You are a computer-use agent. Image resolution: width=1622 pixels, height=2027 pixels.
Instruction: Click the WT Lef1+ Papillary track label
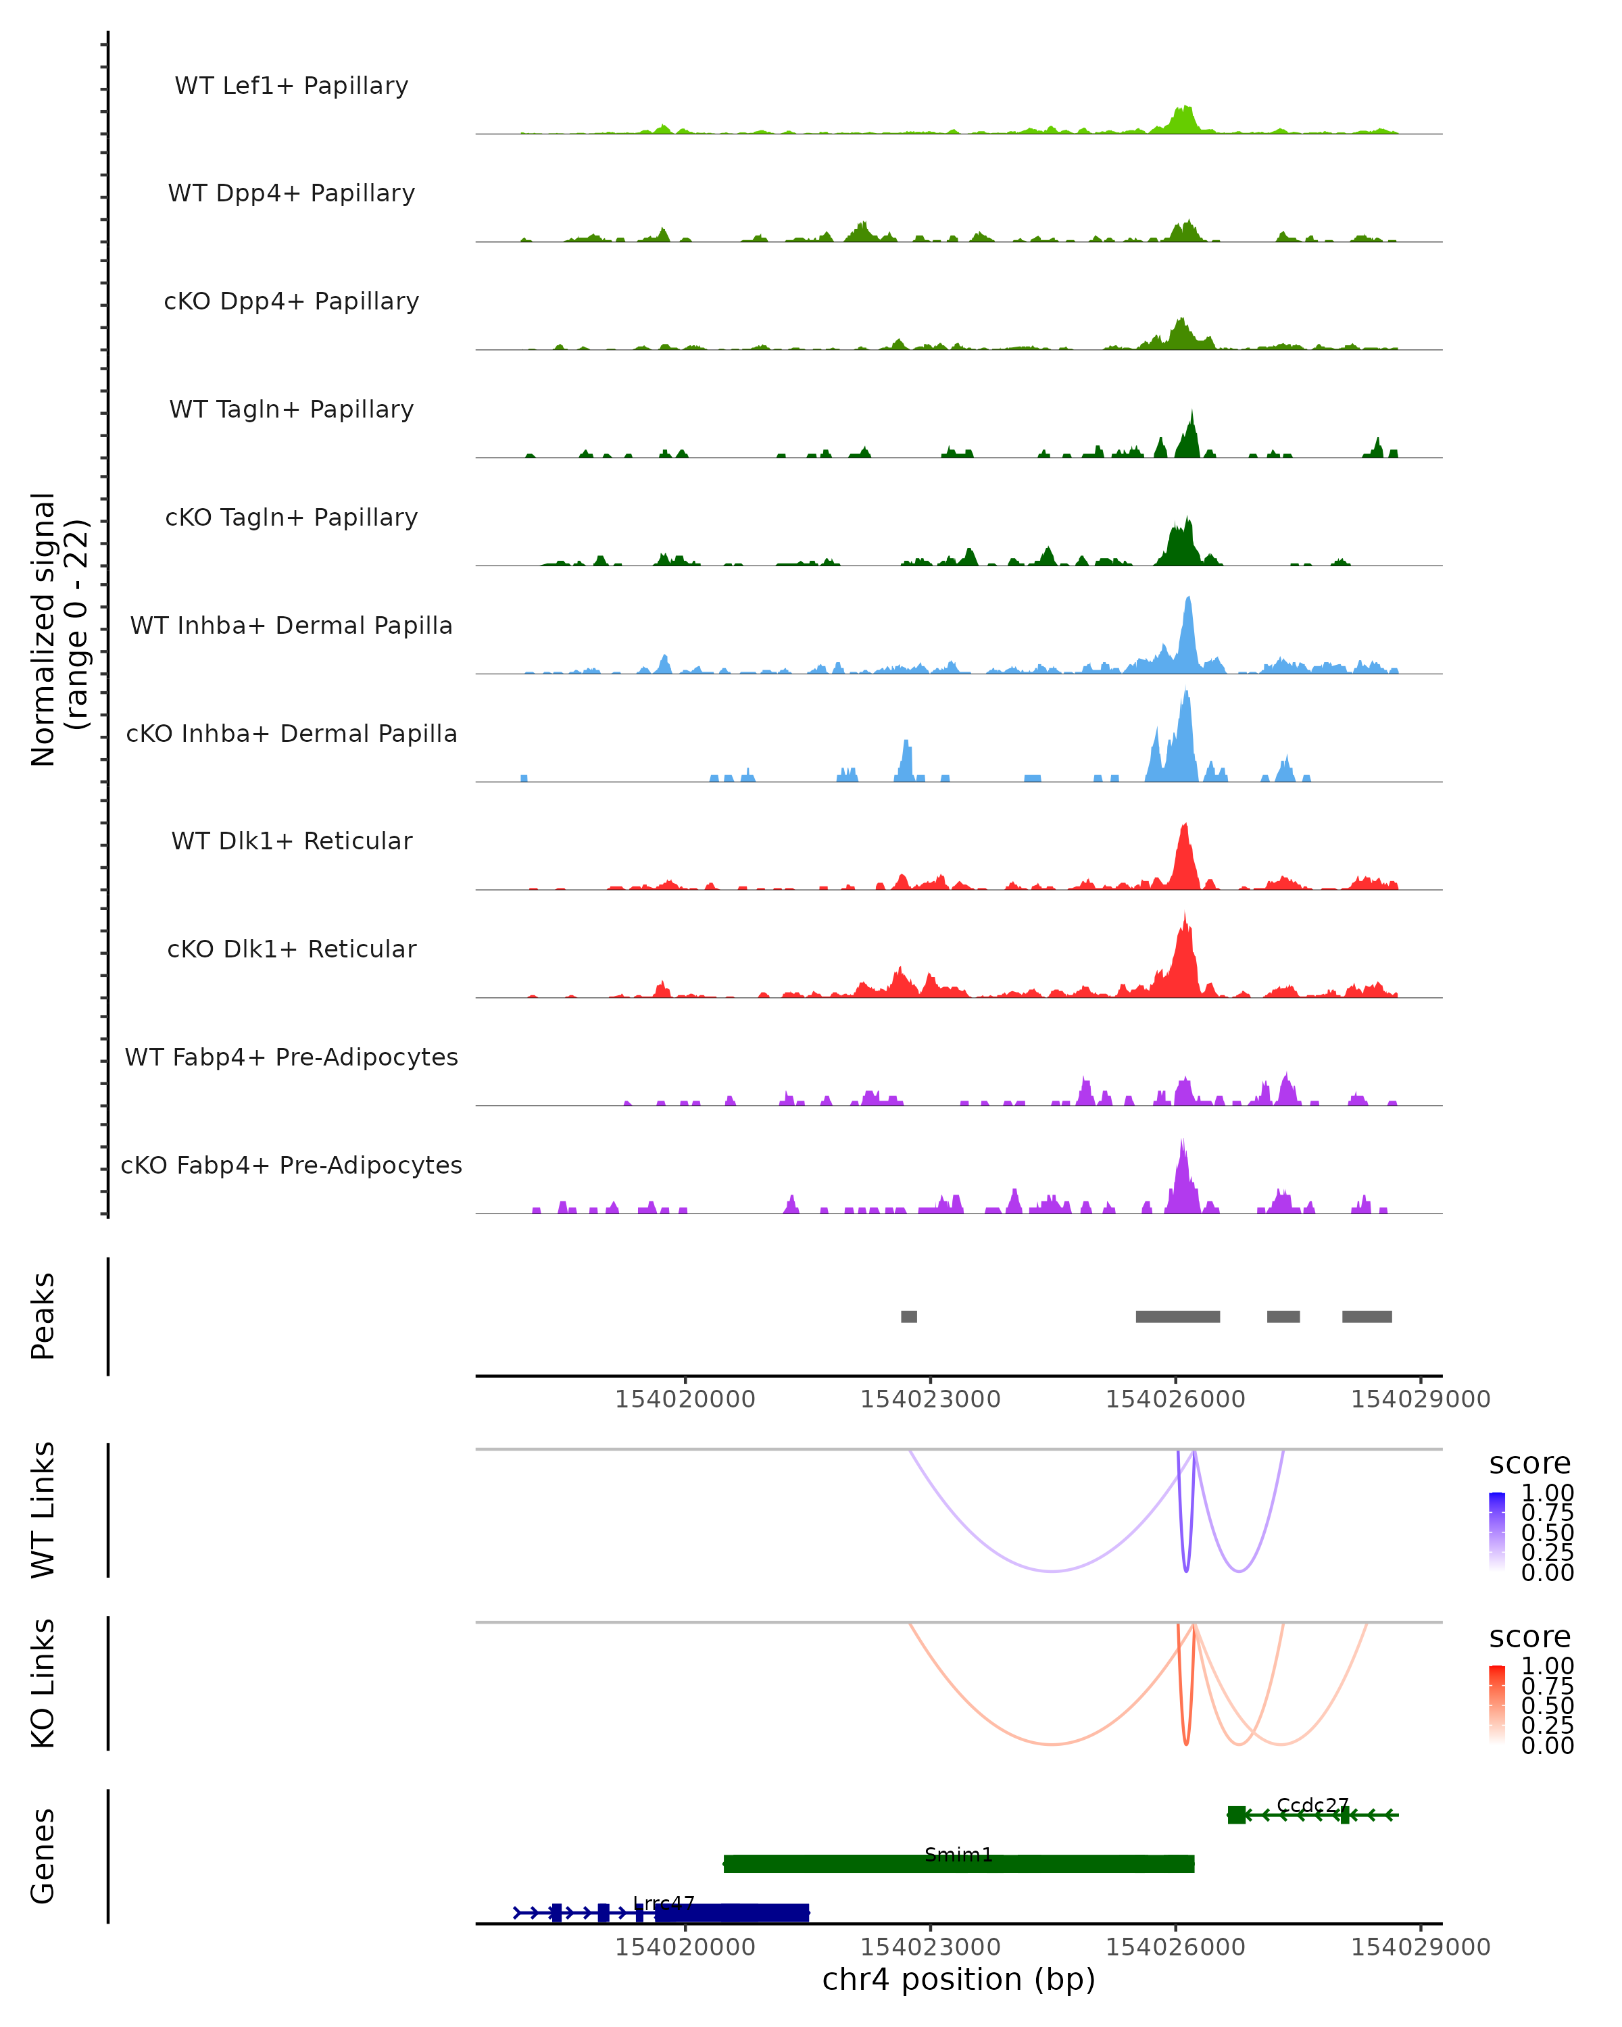coord(291,86)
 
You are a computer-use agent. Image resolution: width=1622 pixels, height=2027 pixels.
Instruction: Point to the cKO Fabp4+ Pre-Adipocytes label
coord(291,1165)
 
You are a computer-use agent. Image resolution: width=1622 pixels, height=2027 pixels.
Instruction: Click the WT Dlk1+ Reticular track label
coord(291,841)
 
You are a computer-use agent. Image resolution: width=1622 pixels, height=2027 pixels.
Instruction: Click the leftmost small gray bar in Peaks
coord(908,1316)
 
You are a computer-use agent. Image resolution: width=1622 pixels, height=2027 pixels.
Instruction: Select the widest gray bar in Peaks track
coord(1177,1316)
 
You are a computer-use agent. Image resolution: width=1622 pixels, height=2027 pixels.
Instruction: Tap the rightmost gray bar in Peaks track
coord(1367,1316)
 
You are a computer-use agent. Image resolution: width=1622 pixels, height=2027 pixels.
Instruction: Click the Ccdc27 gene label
coord(1312,1805)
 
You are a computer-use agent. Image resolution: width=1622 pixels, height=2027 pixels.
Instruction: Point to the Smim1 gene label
coord(958,1855)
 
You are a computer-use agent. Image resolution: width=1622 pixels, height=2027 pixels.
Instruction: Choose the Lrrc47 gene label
coord(663,1904)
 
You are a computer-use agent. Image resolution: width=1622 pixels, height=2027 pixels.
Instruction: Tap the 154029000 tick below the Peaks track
coord(1420,1399)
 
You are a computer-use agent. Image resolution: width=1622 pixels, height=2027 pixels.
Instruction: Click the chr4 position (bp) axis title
coord(958,1980)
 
